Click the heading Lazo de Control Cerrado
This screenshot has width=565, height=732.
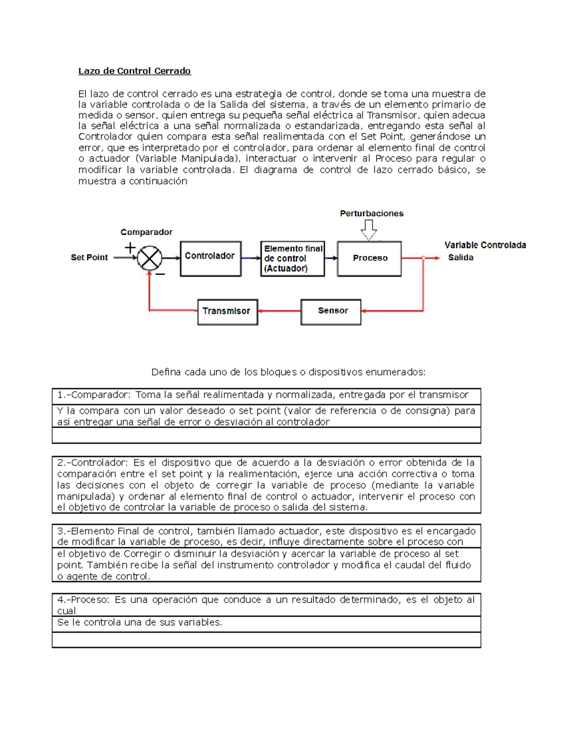[134, 71]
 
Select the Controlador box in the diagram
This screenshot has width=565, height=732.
[210, 258]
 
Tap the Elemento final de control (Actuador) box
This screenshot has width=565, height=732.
[292, 258]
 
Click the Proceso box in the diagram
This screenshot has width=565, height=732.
[370, 258]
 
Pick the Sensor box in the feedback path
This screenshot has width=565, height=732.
[331, 312]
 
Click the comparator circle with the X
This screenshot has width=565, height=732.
[150, 258]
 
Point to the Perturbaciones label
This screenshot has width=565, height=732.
[371, 214]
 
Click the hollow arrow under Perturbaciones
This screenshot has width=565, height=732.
[369, 230]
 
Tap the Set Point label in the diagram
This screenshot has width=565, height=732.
[89, 257]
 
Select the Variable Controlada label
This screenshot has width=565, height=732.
[485, 245]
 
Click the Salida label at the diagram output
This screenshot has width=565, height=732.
[460, 257]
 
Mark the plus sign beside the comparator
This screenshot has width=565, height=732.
[130, 247]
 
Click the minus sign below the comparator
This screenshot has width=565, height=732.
[161, 274]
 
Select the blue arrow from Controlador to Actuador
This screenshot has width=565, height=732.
[250, 258]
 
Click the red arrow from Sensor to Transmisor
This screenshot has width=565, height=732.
[279, 311]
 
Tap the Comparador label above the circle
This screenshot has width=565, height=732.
[146, 232]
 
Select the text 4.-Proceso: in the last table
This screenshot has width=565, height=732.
[83, 600]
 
